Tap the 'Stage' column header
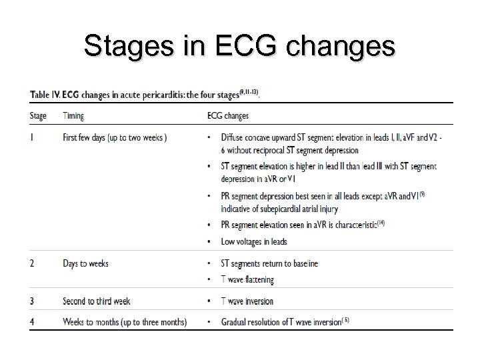(x=38, y=115)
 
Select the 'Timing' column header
(x=73, y=115)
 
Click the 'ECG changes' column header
(x=228, y=115)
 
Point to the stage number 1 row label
(x=31, y=138)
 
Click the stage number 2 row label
(x=32, y=263)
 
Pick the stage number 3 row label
(x=32, y=301)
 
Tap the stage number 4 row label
(x=32, y=322)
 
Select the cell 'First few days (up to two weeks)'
(x=115, y=138)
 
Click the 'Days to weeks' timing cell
(x=85, y=263)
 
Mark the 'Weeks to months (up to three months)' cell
(x=125, y=322)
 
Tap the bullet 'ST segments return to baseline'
(x=270, y=263)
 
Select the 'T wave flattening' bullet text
(x=247, y=280)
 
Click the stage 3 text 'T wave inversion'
(x=247, y=301)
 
